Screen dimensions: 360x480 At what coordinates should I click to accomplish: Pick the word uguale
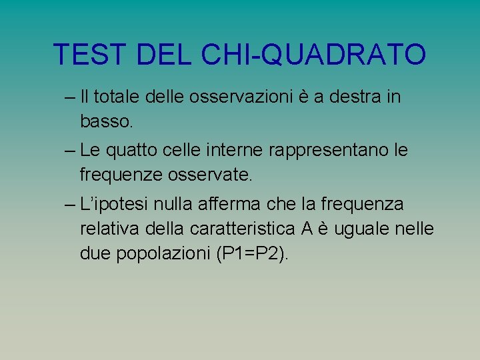365,229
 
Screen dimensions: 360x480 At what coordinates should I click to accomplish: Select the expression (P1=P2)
253,255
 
